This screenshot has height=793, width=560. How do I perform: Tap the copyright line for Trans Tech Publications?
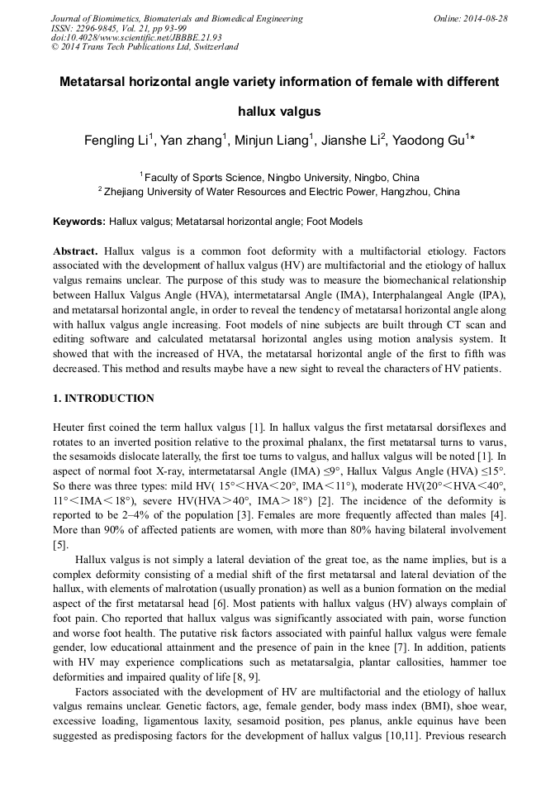(145, 47)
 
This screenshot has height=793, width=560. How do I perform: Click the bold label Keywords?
(79, 222)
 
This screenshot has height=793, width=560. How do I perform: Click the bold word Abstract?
(75, 250)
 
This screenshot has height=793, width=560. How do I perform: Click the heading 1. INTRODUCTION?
(103, 399)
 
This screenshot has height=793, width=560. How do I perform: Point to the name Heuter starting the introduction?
(69, 428)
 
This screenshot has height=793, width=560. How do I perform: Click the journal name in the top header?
(177, 18)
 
